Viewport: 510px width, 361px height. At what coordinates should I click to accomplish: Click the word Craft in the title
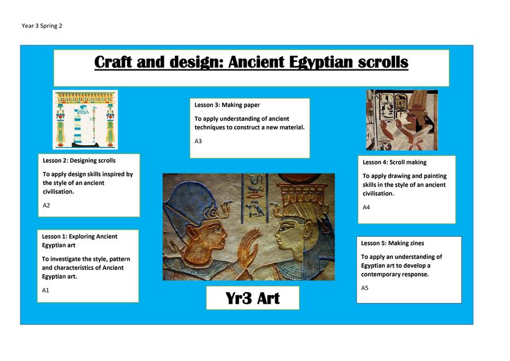(113, 62)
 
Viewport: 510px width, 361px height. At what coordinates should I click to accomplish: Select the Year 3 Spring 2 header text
(41, 26)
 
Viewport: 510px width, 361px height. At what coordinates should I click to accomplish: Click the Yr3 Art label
(253, 298)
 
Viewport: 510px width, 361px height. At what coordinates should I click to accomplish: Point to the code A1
(45, 290)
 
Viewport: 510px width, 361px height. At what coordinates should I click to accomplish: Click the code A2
(46, 205)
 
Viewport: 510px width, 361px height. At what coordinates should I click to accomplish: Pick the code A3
(198, 141)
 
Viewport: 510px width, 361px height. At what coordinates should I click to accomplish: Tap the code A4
(366, 207)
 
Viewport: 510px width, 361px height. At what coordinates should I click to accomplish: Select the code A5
(365, 288)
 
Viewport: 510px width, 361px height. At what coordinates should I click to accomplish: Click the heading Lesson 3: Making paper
(227, 105)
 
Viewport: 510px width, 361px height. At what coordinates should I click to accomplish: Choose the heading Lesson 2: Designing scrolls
(79, 160)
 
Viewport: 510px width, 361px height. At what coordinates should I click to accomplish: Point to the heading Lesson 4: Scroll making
(395, 162)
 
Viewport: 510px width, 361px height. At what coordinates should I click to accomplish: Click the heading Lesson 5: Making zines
(393, 243)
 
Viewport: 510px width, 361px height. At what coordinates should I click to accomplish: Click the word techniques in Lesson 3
(209, 127)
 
